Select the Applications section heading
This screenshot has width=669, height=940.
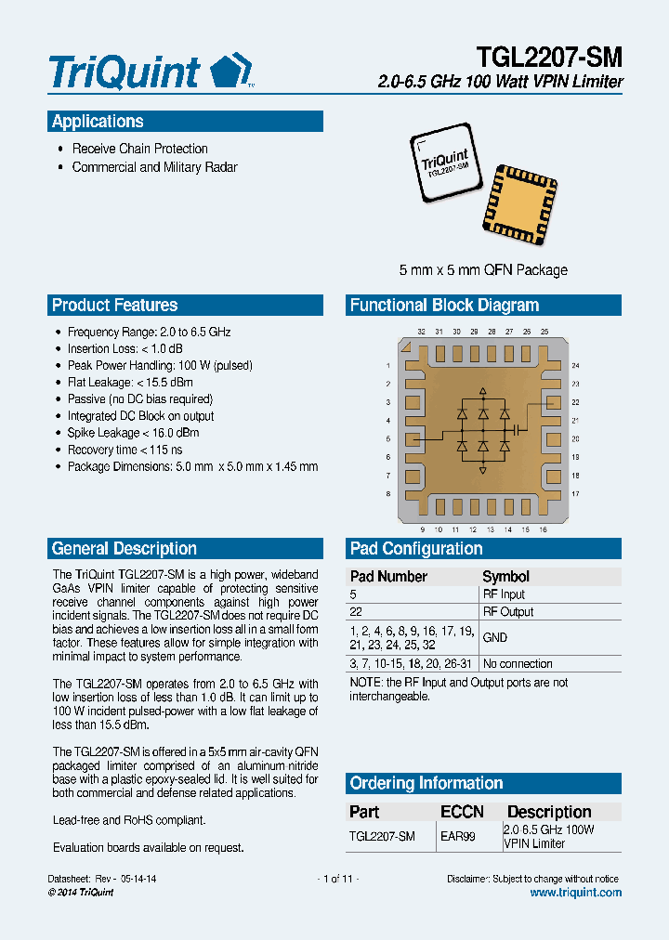point(98,122)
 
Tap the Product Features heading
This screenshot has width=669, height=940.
point(114,306)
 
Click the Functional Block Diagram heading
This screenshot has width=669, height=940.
point(444,306)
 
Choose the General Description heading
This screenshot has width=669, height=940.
point(125,549)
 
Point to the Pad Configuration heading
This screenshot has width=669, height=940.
point(416,549)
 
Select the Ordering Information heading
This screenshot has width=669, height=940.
point(426,783)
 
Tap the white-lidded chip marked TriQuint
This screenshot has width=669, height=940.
point(447,166)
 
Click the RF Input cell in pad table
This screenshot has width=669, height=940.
point(504,594)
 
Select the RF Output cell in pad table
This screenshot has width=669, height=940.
point(507,612)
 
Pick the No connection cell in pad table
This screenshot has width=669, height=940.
point(518,664)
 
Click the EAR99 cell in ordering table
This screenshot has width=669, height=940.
point(457,837)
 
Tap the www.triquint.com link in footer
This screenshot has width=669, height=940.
point(575,893)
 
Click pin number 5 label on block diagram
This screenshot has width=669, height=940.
point(387,438)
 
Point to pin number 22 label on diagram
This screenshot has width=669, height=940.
point(576,402)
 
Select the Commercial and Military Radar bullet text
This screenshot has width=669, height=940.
point(154,168)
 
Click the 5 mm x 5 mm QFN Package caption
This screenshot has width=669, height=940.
point(483,270)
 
